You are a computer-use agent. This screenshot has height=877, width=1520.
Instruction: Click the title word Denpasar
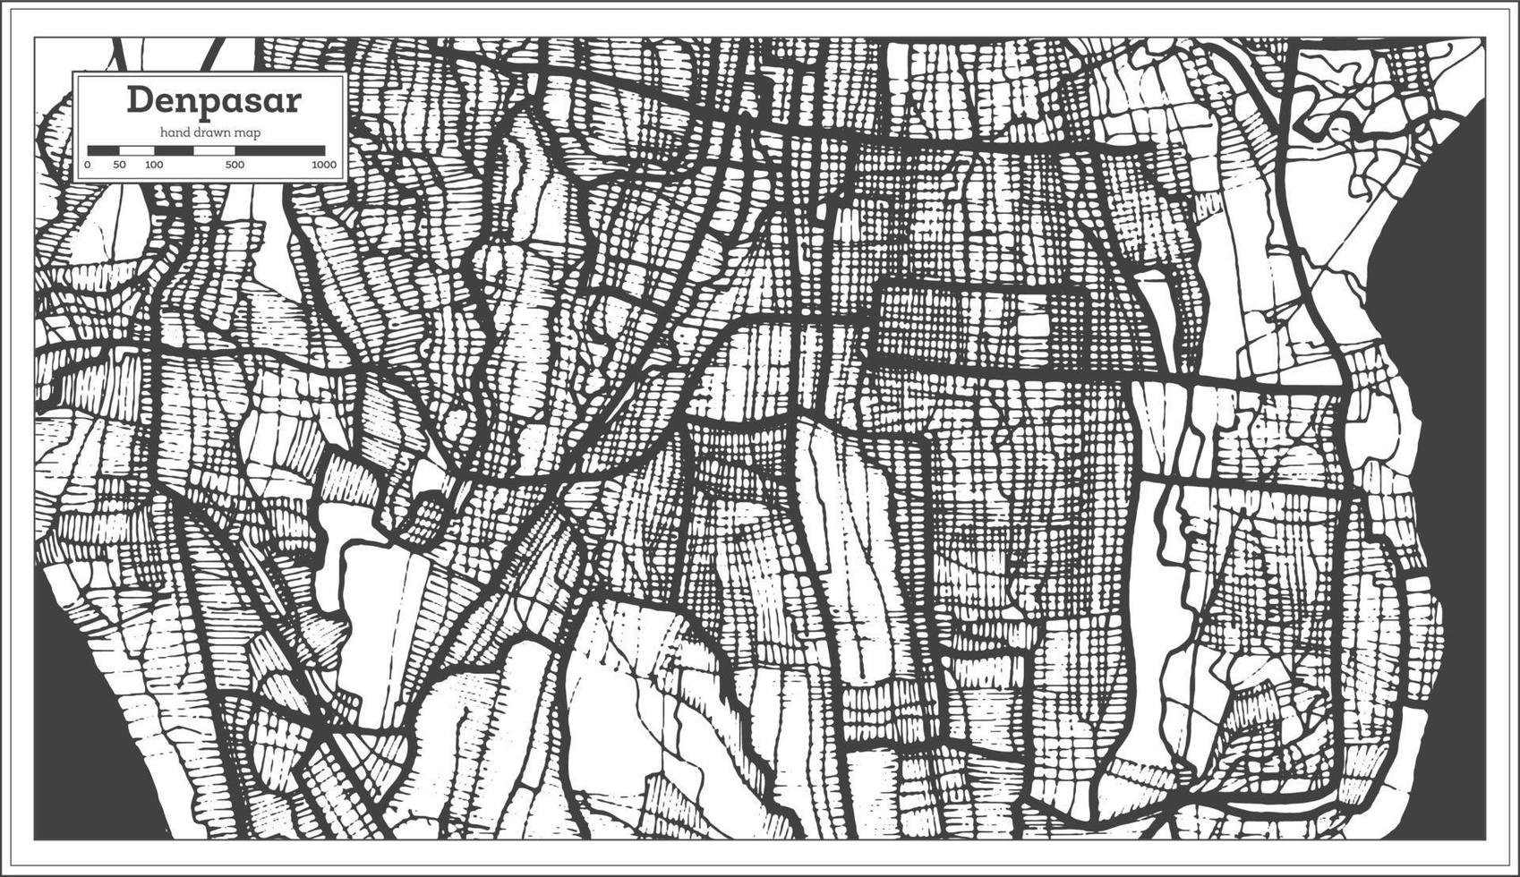tap(213, 99)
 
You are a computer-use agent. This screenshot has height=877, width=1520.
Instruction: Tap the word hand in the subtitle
tap(176, 132)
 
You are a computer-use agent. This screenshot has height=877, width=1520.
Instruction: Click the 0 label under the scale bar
tap(87, 165)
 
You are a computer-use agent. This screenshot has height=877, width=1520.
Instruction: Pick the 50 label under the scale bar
tap(120, 165)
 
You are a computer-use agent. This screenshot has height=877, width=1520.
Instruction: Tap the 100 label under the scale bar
tap(154, 165)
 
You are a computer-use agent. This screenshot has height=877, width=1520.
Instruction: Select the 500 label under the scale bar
tap(235, 165)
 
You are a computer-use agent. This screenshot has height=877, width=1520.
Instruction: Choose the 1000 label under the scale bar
tap(324, 165)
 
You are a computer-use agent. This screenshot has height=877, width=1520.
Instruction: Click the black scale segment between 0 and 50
tap(103, 150)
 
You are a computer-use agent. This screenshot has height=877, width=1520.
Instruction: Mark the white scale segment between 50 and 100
tap(137, 150)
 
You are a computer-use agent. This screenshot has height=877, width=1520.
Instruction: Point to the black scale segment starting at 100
tap(174, 150)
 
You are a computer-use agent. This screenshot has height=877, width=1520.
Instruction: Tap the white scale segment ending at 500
tap(214, 150)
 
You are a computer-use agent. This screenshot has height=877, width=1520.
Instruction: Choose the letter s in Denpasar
tap(252, 100)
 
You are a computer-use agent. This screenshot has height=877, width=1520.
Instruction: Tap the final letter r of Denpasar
tap(293, 100)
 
